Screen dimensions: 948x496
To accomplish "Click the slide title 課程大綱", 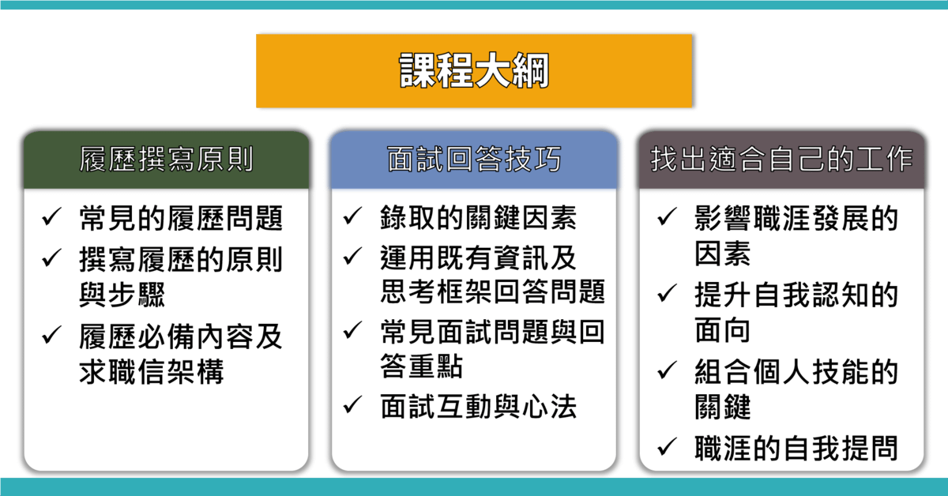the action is point(474,70).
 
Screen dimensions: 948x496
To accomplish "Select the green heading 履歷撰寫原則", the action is point(167,159).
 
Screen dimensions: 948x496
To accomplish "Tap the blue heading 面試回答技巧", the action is point(474,159).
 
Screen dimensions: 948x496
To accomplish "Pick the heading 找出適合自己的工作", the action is point(781,159).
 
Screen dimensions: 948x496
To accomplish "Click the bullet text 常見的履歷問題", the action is point(181,218).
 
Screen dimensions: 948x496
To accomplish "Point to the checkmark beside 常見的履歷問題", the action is point(51,216).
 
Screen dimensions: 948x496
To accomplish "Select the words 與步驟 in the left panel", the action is point(122,294).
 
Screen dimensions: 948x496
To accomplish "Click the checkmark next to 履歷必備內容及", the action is point(51,335).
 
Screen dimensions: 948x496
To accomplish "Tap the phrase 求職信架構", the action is point(152,371).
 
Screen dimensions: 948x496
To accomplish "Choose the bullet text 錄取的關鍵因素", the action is point(478,217).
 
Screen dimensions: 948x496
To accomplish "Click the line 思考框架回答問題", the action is point(493,291).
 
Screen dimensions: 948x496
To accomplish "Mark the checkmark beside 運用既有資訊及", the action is point(352,256).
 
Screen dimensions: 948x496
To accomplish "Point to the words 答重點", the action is point(422,366).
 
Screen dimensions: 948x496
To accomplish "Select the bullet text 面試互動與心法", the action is point(478,406).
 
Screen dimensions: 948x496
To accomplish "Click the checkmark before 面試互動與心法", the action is point(352,404).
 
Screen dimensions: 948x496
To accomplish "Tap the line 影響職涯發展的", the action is point(796,218).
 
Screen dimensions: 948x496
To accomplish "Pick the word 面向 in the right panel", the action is point(722,329).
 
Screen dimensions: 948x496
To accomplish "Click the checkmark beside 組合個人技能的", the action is point(667,370).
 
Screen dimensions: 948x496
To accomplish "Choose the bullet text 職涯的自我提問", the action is point(796,448).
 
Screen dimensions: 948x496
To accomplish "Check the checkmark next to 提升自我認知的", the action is point(667,293).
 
